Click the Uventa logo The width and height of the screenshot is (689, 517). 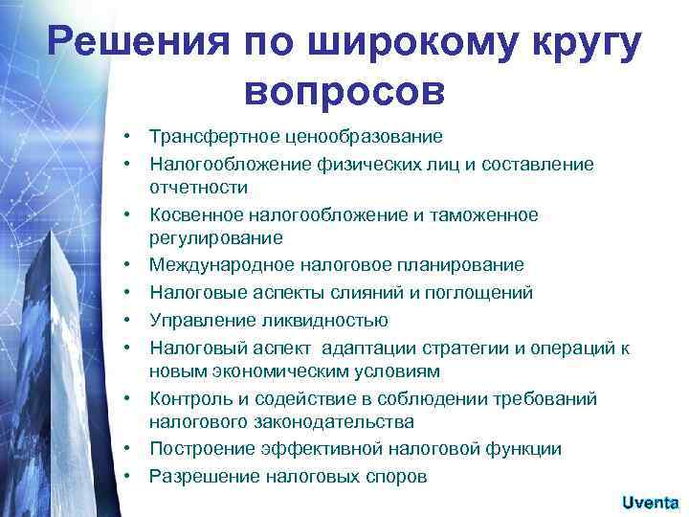point(650,502)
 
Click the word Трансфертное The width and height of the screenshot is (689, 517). point(210,137)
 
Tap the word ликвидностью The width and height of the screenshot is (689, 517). point(330,319)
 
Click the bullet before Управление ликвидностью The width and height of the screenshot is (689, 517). point(125,319)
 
